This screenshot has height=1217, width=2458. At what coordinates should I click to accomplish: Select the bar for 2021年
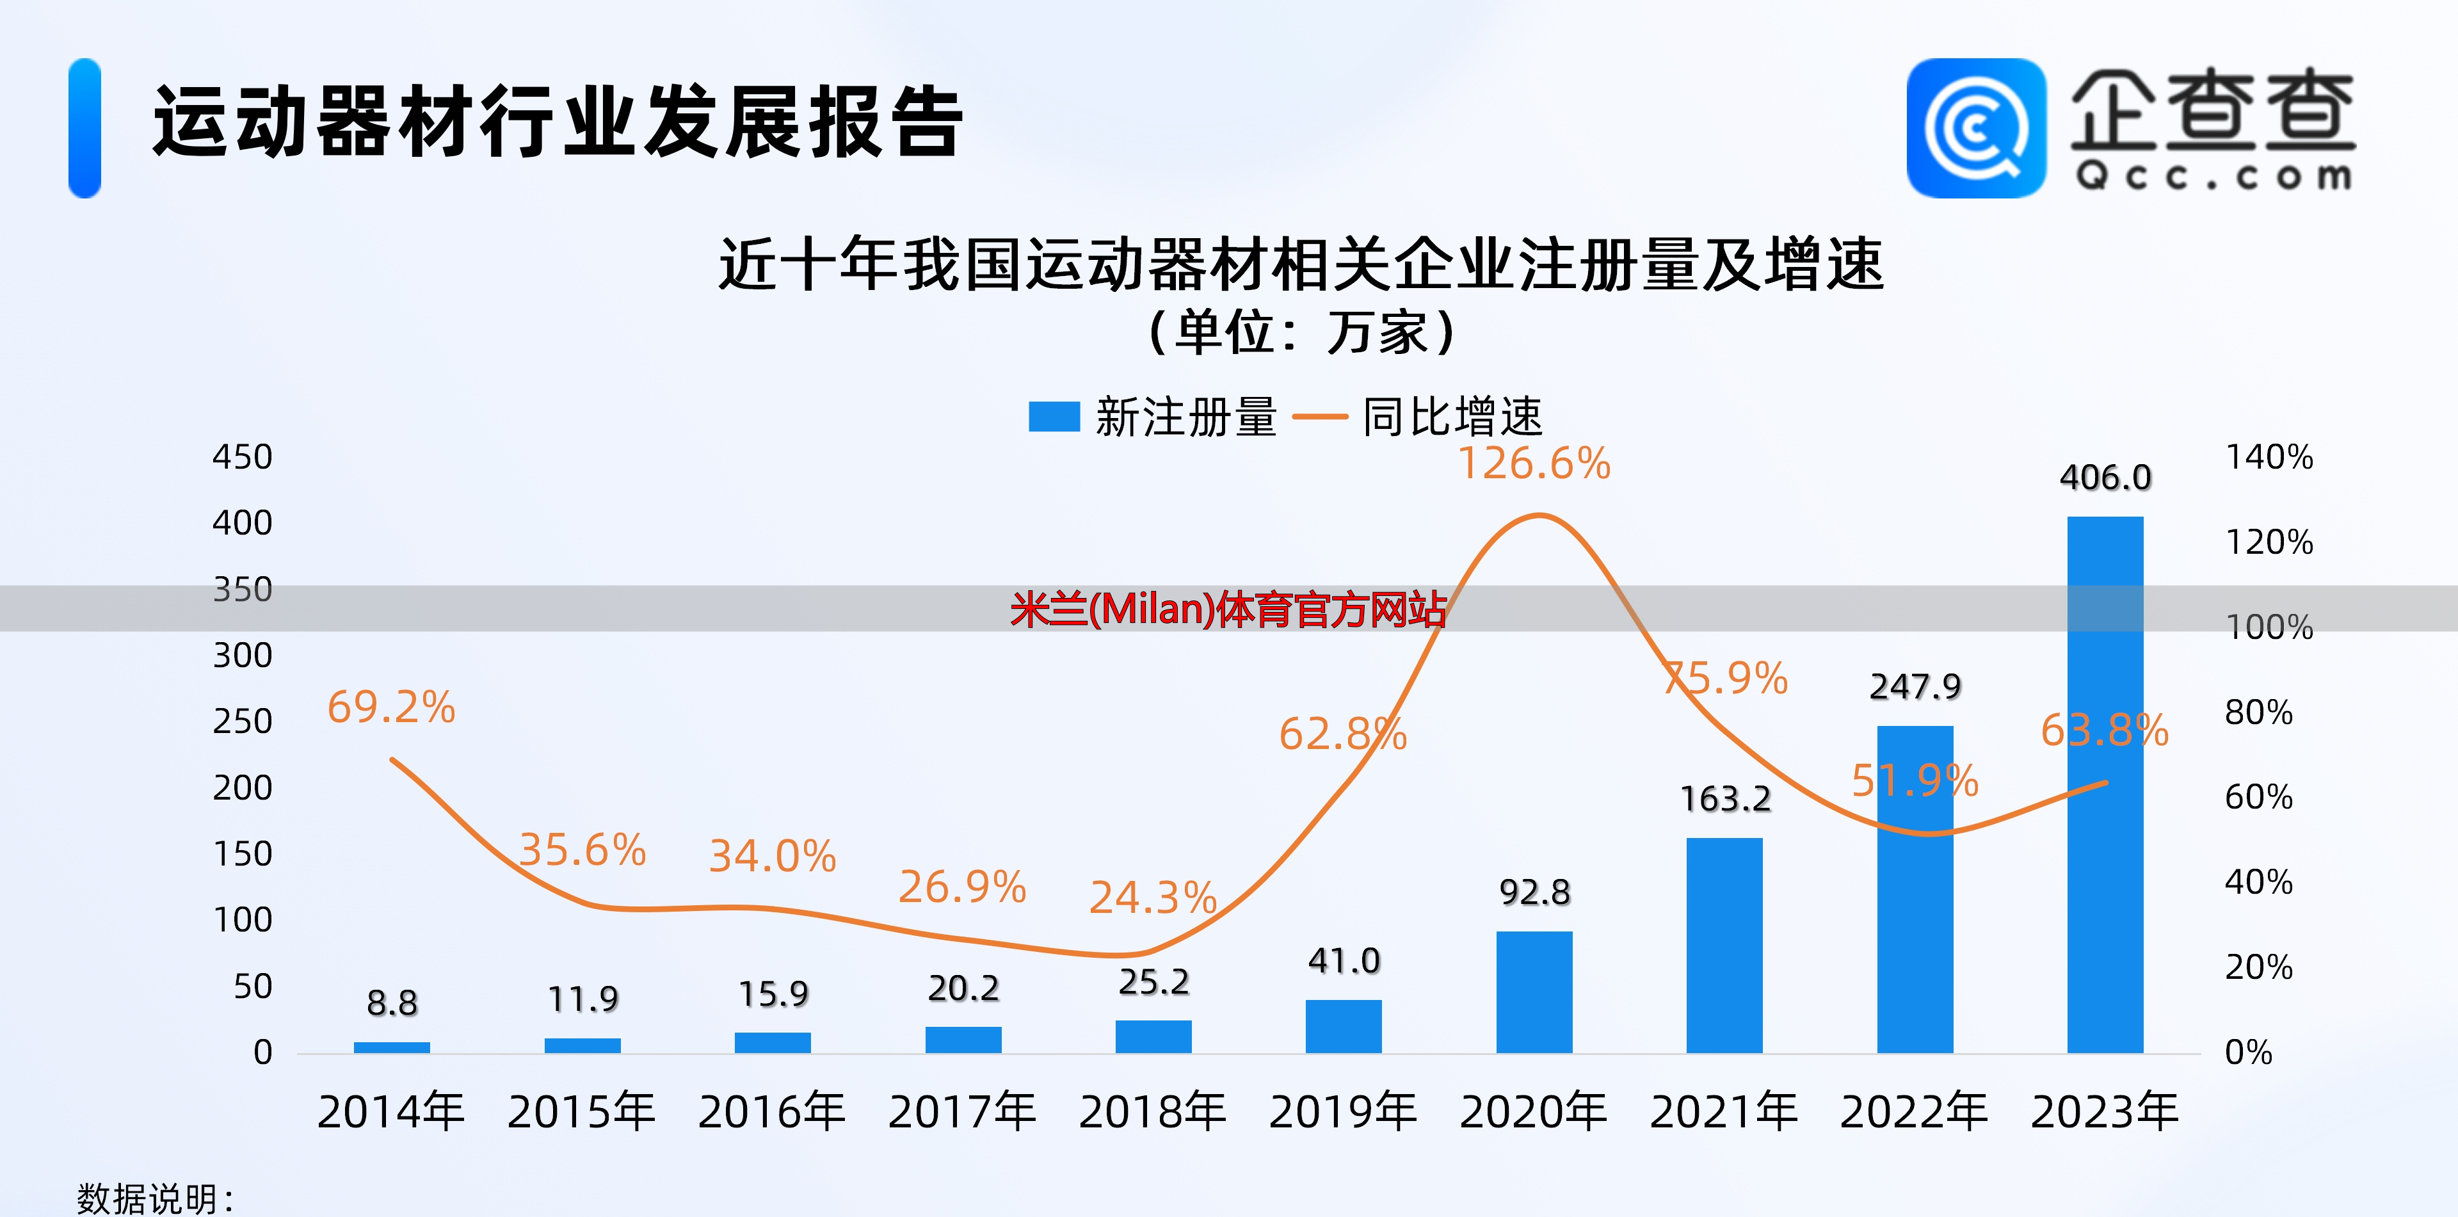tap(1724, 945)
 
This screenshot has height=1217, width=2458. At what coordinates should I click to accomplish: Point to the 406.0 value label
tap(2105, 477)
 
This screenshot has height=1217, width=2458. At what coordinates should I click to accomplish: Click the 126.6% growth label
tap(1534, 464)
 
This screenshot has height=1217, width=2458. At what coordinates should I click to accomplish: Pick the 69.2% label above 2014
tap(391, 707)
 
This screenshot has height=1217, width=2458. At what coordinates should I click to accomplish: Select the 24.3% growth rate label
tap(1153, 898)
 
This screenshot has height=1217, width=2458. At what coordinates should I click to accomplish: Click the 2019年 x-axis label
tap(1342, 1112)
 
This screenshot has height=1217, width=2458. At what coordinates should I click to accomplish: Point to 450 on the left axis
tap(243, 457)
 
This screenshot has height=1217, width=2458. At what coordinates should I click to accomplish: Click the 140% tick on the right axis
tap(2269, 457)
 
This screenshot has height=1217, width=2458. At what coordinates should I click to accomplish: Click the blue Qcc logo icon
tap(1976, 128)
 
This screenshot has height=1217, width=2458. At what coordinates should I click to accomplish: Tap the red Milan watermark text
tap(1228, 609)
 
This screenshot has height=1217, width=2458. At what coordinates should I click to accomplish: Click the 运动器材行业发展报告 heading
tap(558, 122)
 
